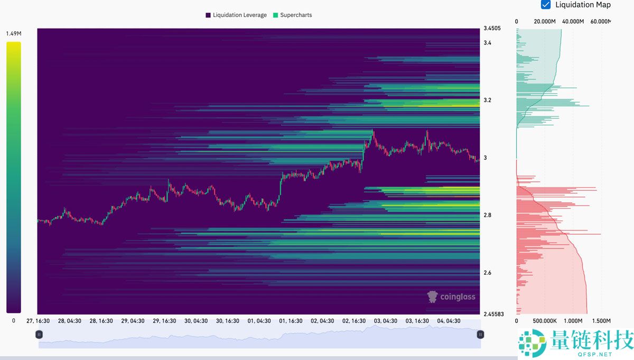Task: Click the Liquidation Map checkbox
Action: (546, 5)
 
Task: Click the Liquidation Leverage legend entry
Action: (236, 15)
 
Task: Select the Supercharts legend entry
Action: (292, 15)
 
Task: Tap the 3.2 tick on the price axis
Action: (488, 100)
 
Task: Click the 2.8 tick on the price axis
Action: (488, 215)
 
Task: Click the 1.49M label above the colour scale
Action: (14, 34)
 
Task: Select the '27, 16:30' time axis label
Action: (38, 321)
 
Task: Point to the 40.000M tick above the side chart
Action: (573, 22)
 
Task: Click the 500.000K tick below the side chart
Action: (545, 321)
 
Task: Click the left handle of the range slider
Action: (39, 334)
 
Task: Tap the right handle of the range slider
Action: (480, 334)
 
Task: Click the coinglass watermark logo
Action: (452, 297)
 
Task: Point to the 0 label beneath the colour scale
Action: (14, 321)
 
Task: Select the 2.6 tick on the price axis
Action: (488, 273)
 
